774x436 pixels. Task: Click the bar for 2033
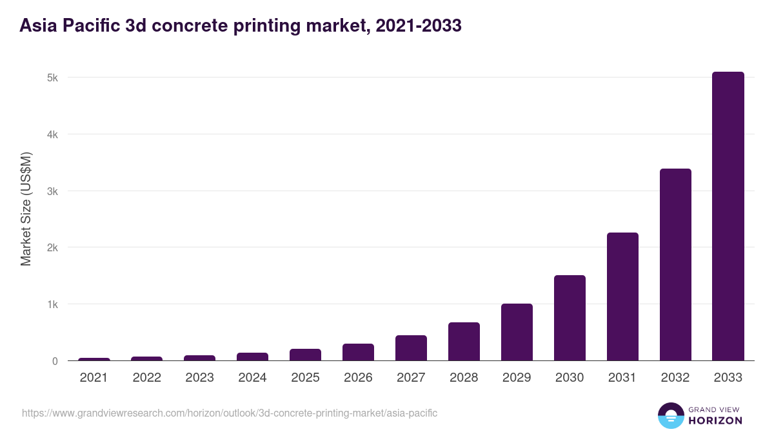(x=728, y=216)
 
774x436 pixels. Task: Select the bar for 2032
(x=675, y=265)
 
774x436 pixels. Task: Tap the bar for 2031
(x=622, y=296)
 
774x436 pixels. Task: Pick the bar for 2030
(x=570, y=318)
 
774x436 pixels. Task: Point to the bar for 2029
(x=517, y=332)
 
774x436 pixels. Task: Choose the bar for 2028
(x=464, y=342)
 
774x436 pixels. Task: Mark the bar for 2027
(x=411, y=348)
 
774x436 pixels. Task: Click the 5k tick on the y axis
(x=52, y=78)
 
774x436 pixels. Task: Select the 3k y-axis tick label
(x=52, y=191)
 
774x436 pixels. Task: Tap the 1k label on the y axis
(x=52, y=304)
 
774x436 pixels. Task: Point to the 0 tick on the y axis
(x=55, y=361)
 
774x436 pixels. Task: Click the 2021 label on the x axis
(x=94, y=378)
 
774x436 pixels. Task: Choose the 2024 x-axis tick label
(x=252, y=378)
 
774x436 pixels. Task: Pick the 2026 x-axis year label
(x=358, y=378)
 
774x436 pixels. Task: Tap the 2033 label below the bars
(x=728, y=378)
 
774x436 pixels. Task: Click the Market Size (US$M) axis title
(x=26, y=209)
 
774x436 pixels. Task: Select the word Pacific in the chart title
(x=88, y=26)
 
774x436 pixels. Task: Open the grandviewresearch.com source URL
(x=229, y=413)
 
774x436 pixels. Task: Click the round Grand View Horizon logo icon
(x=671, y=415)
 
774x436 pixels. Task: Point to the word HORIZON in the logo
(x=715, y=420)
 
